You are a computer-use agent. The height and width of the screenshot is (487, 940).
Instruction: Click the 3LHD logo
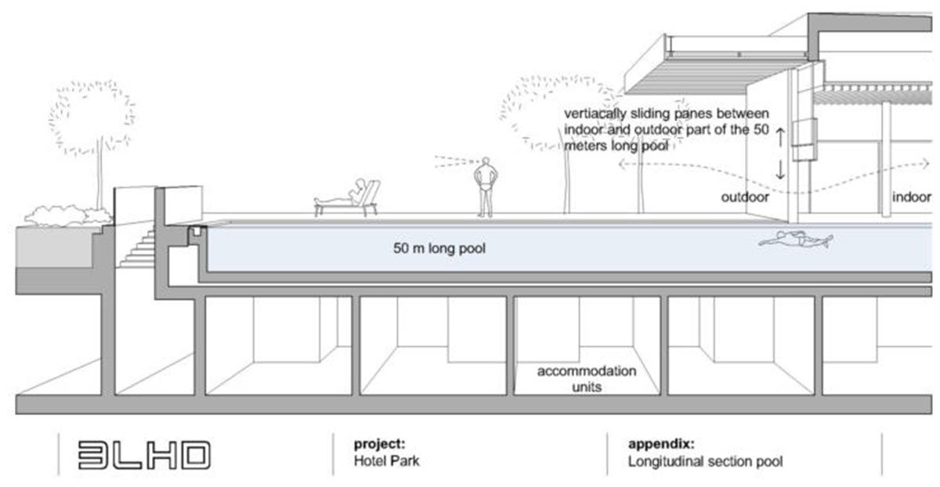(x=144, y=455)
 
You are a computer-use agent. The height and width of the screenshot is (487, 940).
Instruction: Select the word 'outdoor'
(x=745, y=197)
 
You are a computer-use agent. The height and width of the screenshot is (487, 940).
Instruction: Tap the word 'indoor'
(x=912, y=197)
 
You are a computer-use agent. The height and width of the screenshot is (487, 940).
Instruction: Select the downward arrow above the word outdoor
(x=780, y=171)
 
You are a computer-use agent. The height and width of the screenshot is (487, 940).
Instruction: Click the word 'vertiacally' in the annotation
(x=597, y=114)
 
